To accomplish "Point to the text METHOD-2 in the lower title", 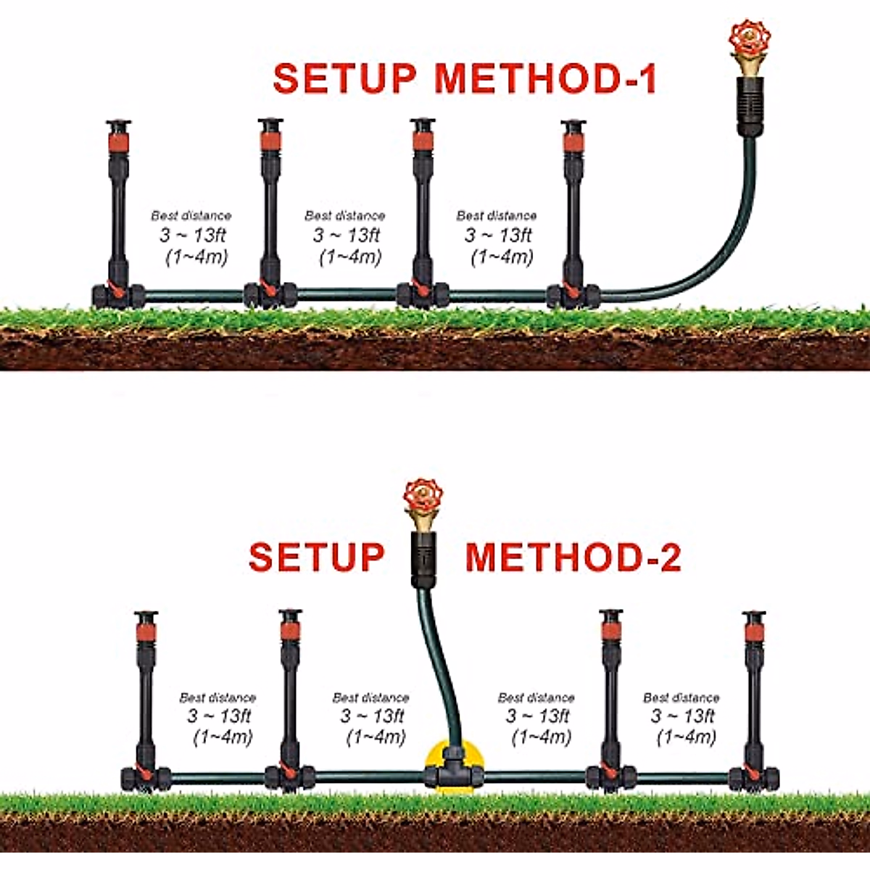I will click(573, 557).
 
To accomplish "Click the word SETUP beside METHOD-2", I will click(316, 557).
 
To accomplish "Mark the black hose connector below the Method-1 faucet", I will click(750, 105).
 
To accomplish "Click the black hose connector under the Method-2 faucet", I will click(423, 558).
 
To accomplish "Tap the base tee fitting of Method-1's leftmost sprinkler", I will click(118, 295).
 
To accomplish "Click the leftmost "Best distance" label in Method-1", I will click(191, 215).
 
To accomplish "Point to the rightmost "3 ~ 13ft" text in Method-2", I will click(682, 716).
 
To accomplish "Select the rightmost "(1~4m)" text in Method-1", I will click(502, 257).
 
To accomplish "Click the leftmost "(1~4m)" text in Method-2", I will click(222, 737).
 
